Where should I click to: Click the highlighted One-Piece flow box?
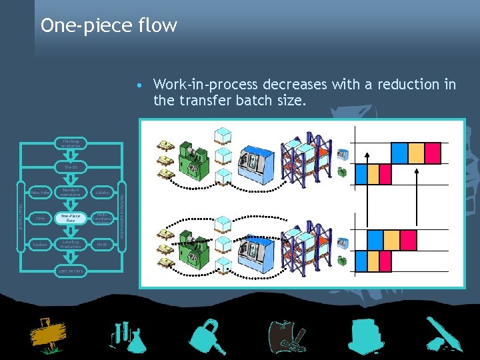click(x=70, y=218)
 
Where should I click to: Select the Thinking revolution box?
click(x=70, y=143)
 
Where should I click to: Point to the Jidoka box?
click(x=101, y=193)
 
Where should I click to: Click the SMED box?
click(x=101, y=244)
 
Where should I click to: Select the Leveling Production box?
click(x=70, y=244)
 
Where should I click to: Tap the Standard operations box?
click(x=70, y=193)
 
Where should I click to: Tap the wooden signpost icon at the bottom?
click(x=47, y=337)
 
